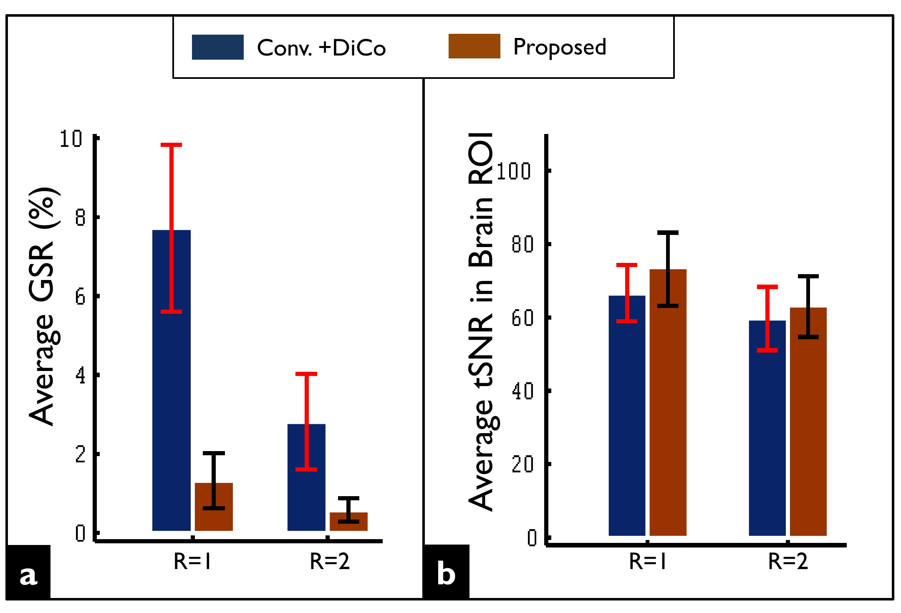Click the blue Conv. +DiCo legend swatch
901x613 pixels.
(x=217, y=47)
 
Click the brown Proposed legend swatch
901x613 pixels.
(x=474, y=46)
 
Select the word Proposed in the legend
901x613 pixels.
(x=559, y=47)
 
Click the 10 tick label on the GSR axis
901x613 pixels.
(x=71, y=139)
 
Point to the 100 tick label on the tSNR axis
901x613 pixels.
(x=513, y=172)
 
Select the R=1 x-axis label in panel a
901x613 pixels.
(x=192, y=562)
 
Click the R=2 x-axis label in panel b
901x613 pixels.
(x=788, y=562)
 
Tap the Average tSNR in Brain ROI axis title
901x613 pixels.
(x=481, y=321)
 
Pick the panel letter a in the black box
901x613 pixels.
(x=28, y=575)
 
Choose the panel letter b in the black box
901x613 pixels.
(x=446, y=575)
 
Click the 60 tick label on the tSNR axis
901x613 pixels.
(x=522, y=318)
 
